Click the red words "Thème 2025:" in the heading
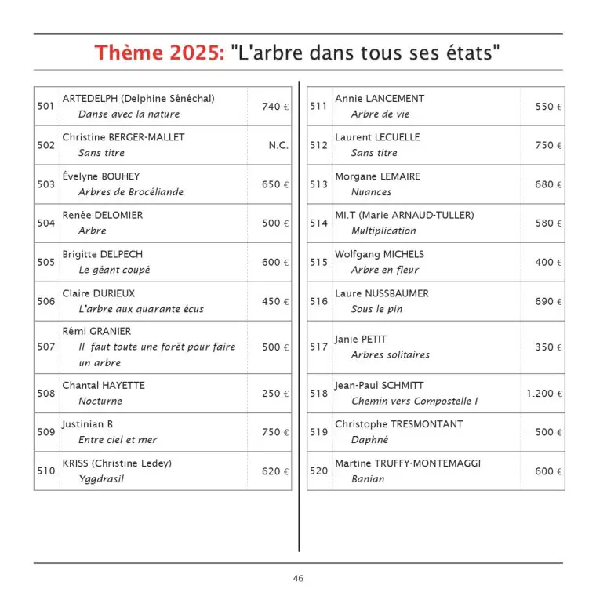point(159,53)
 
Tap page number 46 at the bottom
point(298,579)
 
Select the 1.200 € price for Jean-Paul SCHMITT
point(544,394)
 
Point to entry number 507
point(46,347)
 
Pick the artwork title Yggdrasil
point(101,479)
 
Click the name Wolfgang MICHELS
point(380,255)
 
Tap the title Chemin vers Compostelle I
point(414,402)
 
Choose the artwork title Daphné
point(370,440)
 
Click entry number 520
point(318,471)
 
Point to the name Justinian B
point(88,424)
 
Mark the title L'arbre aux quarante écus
point(140,309)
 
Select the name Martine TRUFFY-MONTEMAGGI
point(408,463)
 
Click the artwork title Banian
point(368,479)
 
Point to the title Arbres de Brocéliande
point(131,192)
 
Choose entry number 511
point(318,107)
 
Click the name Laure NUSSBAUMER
point(382,294)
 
